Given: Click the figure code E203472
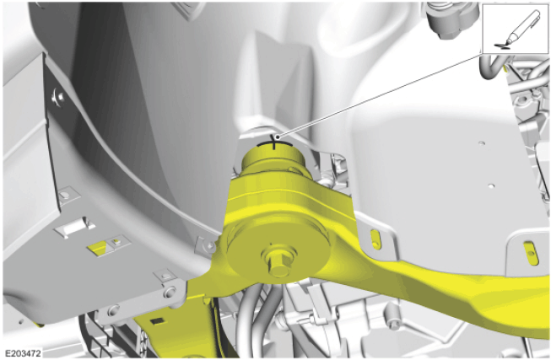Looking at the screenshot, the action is pos(23,353).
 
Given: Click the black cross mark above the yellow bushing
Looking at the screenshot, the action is pos(274,142).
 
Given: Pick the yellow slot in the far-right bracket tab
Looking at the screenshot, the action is pos(531,253).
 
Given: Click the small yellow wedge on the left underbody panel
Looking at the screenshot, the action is pos(98,248).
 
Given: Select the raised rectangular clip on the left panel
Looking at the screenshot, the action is pos(74,228).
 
